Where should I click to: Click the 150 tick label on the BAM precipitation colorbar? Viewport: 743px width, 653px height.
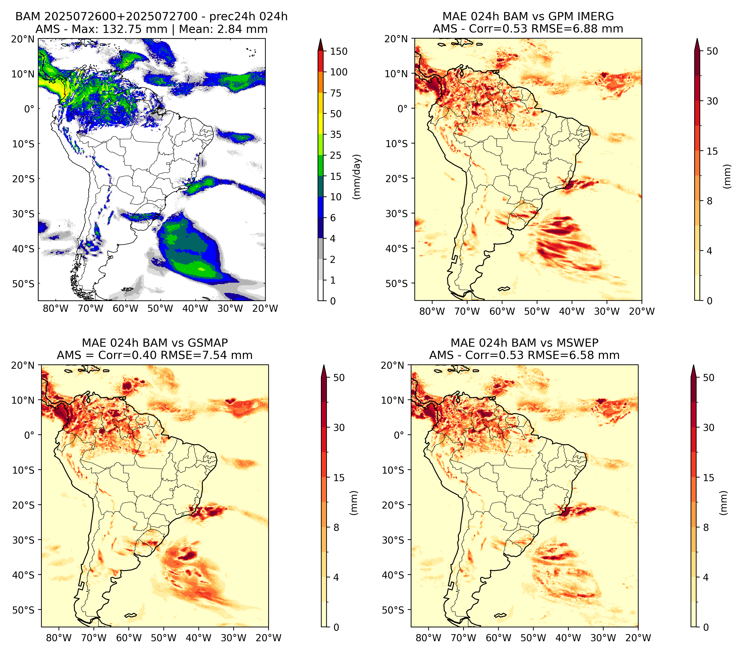(338, 51)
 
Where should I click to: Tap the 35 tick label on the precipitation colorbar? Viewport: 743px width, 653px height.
(335, 134)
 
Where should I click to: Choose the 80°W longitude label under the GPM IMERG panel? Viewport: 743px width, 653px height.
(432, 311)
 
